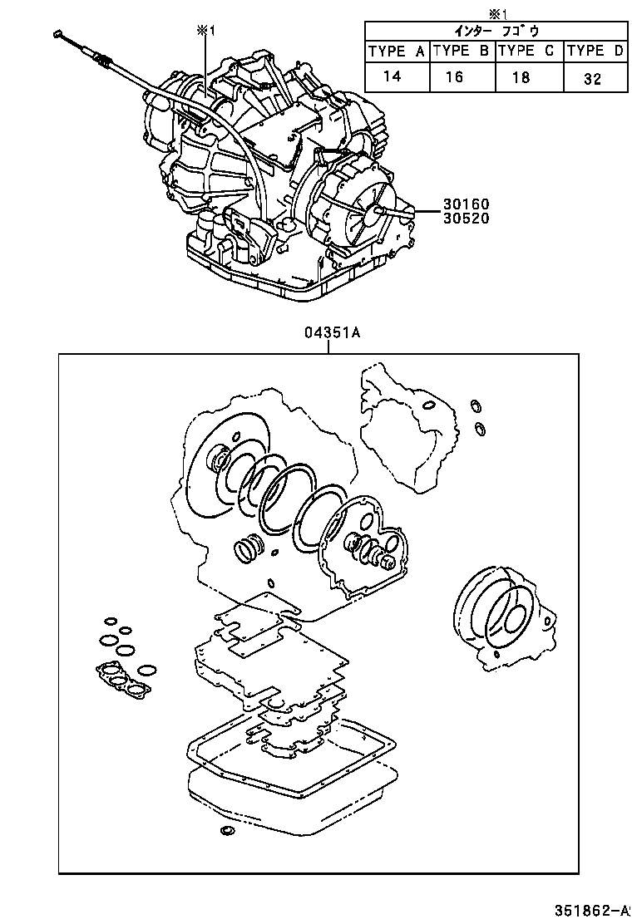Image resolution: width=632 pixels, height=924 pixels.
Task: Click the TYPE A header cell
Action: (x=397, y=51)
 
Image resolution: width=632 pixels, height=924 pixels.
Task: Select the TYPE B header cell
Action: (x=462, y=51)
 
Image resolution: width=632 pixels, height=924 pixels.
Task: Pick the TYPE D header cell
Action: (x=595, y=51)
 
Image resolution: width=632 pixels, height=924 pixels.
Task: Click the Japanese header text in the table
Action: (x=496, y=31)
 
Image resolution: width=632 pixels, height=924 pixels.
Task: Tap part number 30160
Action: (x=467, y=204)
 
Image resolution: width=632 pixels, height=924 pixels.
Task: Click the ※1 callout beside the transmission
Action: (x=205, y=31)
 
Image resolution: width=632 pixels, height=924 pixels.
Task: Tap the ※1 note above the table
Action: (x=496, y=12)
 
